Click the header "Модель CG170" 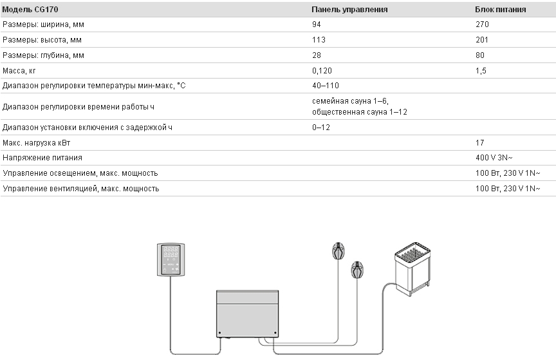point(30,10)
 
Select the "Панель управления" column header point(349,10)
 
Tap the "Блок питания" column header point(500,10)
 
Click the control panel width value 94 point(317,24)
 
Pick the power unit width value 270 point(482,24)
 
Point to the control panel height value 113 point(319,40)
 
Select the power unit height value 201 point(481,40)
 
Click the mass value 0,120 point(322,71)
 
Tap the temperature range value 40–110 point(326,86)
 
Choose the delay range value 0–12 point(321,128)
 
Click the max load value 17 point(480,143)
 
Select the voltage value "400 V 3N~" point(494,158)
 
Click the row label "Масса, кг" point(19,71)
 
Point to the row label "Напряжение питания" point(42,158)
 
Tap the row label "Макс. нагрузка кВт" point(36,143)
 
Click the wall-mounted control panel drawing point(171,260)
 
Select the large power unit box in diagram point(248,314)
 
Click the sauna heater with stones point(412,269)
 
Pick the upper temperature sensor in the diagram point(338,251)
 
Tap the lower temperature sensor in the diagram point(357,270)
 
